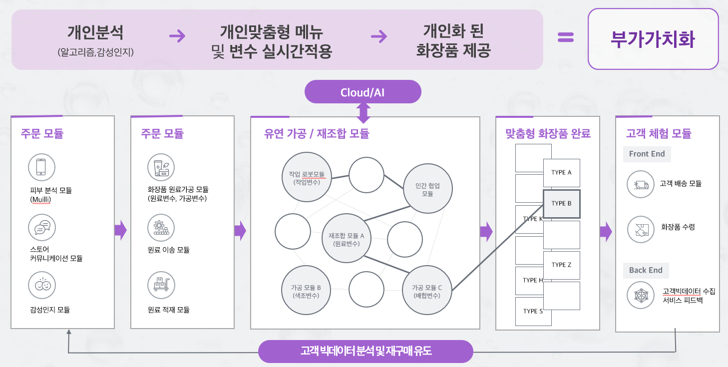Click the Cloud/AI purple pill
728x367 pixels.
[x=363, y=92]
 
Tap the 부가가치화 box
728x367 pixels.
[x=653, y=39]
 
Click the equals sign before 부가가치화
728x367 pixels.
[x=566, y=37]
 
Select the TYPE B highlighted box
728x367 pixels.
[x=562, y=204]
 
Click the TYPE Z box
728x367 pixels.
[x=562, y=265]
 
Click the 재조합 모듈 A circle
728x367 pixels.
[x=346, y=239]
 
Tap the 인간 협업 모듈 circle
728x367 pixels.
[x=427, y=190]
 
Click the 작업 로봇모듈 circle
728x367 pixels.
[x=307, y=177]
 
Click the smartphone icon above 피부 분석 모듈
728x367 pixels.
[x=42, y=167]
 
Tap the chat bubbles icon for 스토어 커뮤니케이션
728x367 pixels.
[x=42, y=228]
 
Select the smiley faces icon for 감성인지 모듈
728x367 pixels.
[x=42, y=286]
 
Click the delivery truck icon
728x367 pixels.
[x=641, y=184]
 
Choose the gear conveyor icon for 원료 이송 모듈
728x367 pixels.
[x=161, y=228]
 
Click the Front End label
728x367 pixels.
[x=647, y=154]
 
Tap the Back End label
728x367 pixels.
[x=646, y=270]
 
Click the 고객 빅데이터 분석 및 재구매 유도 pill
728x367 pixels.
[x=365, y=352]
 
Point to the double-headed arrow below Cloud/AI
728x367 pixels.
[x=364, y=113]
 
